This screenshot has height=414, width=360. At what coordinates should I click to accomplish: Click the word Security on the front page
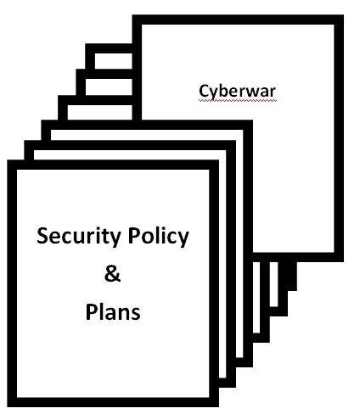[x=79, y=237]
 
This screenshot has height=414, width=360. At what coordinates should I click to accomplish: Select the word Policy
[x=159, y=237]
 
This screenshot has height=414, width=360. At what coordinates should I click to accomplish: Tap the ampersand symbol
[x=112, y=274]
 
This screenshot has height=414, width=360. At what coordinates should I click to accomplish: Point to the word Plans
[x=113, y=311]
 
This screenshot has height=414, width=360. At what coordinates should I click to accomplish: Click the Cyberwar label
[x=237, y=92]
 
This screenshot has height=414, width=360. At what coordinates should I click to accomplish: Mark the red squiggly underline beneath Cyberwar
[x=237, y=100]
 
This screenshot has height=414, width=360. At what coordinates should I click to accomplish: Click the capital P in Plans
[x=92, y=311]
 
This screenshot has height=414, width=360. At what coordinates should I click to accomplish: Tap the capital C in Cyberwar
[x=204, y=91]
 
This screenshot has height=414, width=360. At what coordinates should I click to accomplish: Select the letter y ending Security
[x=115, y=239]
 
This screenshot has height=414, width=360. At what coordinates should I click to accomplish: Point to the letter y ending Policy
[x=183, y=239]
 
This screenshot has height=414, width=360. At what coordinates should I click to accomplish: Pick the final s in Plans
[x=136, y=314]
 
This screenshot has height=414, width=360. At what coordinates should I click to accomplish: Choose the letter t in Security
[x=106, y=237]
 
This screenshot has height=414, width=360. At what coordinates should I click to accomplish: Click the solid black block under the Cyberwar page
[x=287, y=276]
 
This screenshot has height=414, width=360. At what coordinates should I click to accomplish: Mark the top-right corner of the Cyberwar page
[x=344, y=15]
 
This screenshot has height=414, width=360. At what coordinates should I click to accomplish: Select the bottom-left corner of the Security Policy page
[x=8, y=406]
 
